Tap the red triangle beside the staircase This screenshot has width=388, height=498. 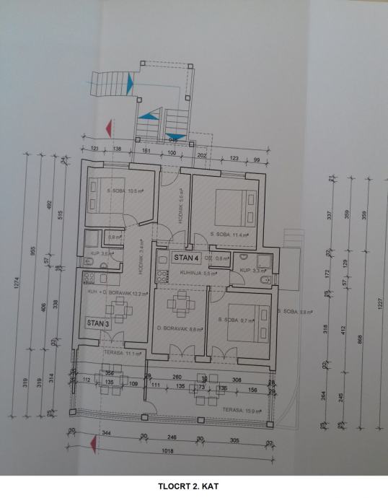click(x=107, y=129)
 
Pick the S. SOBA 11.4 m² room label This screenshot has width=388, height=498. click(x=228, y=235)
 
